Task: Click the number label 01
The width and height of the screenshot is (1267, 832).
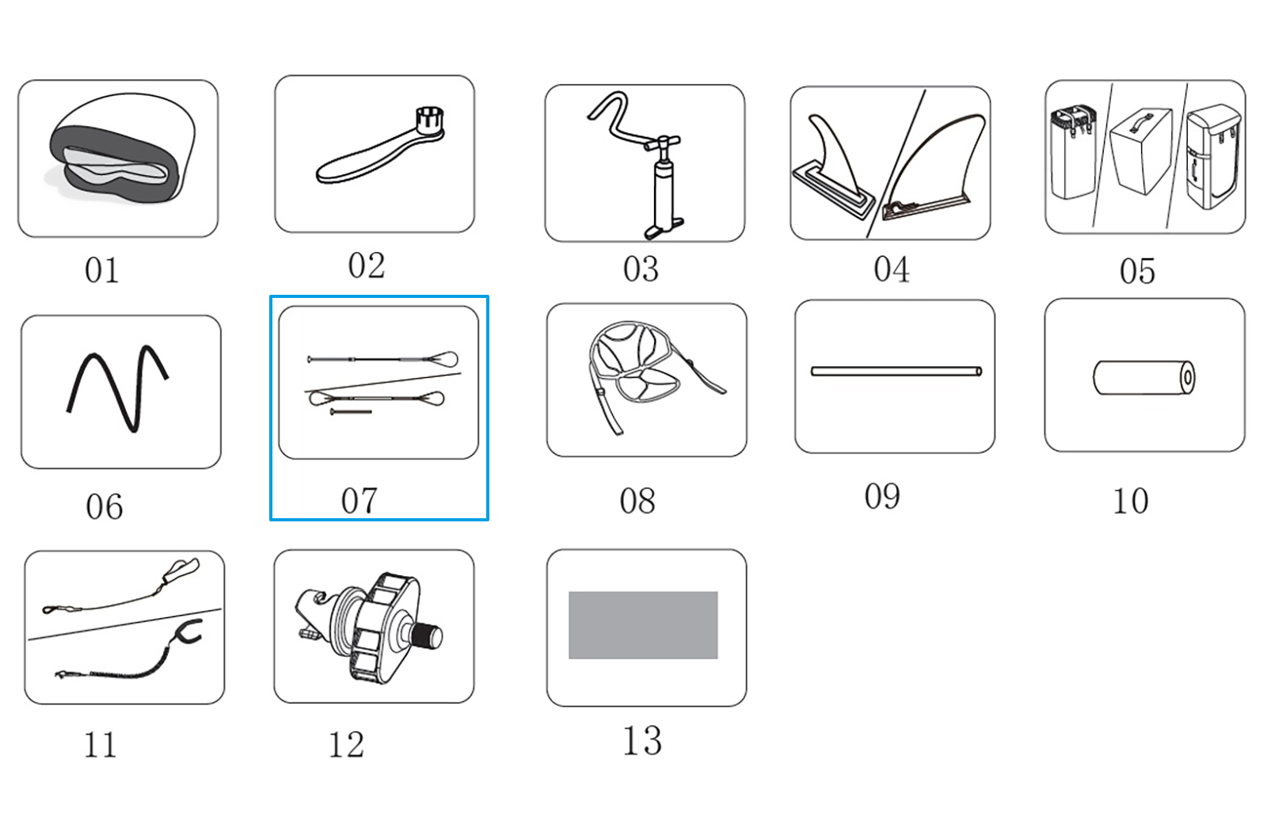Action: point(102,270)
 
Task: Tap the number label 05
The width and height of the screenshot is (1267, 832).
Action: point(1137,271)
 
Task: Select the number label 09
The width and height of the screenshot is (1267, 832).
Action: point(882,496)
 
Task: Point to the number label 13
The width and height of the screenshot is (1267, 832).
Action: point(642,740)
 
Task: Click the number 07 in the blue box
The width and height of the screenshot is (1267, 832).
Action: point(360,501)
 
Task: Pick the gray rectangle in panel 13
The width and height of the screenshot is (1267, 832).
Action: point(643,625)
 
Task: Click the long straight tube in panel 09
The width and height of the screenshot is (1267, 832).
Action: point(896,372)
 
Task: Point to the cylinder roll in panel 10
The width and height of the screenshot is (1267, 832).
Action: point(1143,377)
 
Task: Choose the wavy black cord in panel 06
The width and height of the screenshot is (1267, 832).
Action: point(117,388)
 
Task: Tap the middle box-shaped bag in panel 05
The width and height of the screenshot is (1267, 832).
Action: point(1141,151)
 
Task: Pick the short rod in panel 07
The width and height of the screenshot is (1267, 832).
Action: point(351,411)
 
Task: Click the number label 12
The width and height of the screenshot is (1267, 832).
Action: point(346,744)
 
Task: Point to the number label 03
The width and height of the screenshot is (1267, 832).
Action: point(641,269)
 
